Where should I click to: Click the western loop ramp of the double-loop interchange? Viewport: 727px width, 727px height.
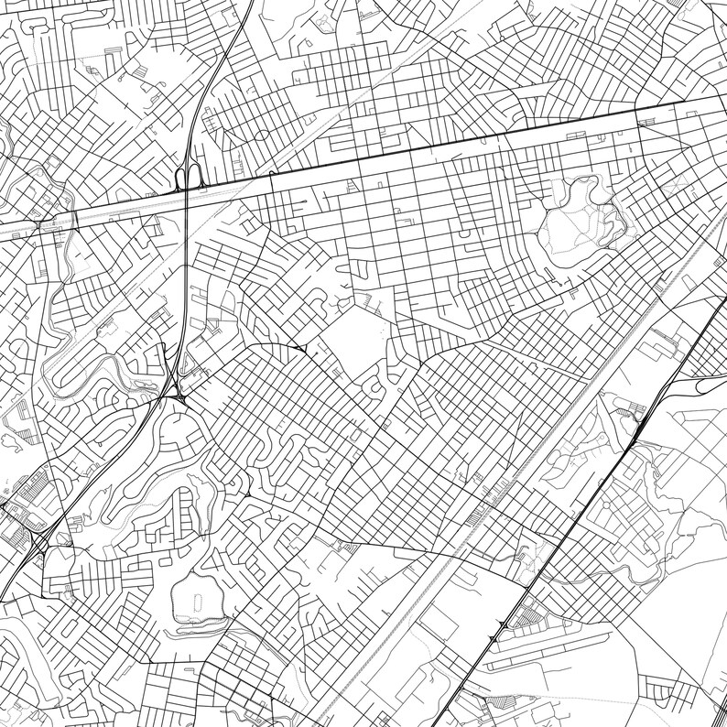point(179,176)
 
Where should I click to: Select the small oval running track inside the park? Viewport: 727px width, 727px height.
point(197,601)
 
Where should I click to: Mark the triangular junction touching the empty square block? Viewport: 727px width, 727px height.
point(301,348)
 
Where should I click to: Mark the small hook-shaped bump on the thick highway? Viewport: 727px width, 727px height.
point(273,173)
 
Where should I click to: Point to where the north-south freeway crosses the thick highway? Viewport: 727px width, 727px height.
point(187,189)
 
